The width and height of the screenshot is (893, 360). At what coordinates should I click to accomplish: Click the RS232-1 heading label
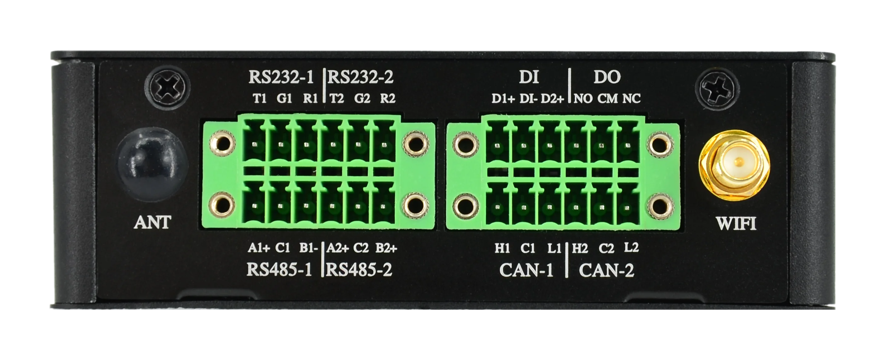point(281,77)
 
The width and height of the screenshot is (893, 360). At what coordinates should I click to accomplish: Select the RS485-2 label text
point(359,270)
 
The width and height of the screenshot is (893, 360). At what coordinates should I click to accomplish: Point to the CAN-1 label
point(526,270)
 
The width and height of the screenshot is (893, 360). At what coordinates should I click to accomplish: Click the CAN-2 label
point(606,270)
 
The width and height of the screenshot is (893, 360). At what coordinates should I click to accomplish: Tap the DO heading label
point(607,78)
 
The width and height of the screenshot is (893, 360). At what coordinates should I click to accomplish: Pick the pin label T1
point(260,99)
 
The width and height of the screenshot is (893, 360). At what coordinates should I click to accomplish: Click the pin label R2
point(387,99)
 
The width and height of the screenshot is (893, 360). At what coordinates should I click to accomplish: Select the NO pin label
point(583,99)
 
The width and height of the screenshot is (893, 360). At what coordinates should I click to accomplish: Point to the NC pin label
point(631,99)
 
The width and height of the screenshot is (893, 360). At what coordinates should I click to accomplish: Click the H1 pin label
point(502,249)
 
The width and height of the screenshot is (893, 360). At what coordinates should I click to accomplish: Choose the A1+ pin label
point(258,248)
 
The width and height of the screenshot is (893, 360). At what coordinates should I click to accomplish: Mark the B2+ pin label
point(386,248)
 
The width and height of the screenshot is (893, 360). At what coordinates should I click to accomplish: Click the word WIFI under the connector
point(736,224)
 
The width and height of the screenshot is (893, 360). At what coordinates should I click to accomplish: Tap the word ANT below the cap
point(152,222)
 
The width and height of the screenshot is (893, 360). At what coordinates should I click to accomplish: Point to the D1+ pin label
point(503,99)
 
